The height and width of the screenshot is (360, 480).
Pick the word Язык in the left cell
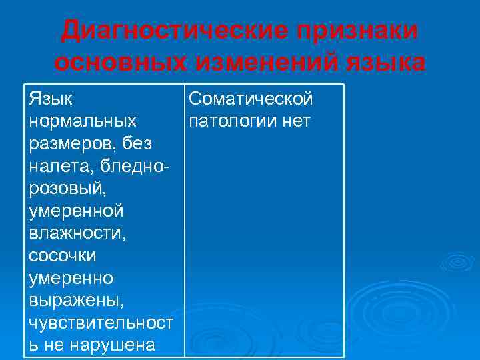click(x=52, y=99)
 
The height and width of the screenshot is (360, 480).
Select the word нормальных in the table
click(x=83, y=122)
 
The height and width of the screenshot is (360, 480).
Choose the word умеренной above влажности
click(x=77, y=211)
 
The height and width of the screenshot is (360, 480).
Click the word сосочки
click(x=63, y=255)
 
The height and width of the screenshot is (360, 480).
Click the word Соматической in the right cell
click(x=251, y=99)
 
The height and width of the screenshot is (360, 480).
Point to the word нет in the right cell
click(x=295, y=122)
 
